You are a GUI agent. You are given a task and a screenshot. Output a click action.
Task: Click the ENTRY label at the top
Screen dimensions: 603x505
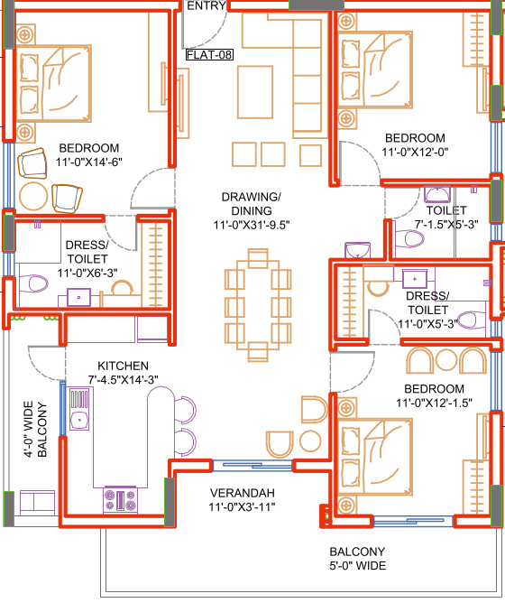coord(206,6)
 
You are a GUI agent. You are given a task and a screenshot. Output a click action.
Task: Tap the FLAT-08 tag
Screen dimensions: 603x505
coord(209,55)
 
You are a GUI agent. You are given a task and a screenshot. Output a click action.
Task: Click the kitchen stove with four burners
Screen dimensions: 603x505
coord(120,499)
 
